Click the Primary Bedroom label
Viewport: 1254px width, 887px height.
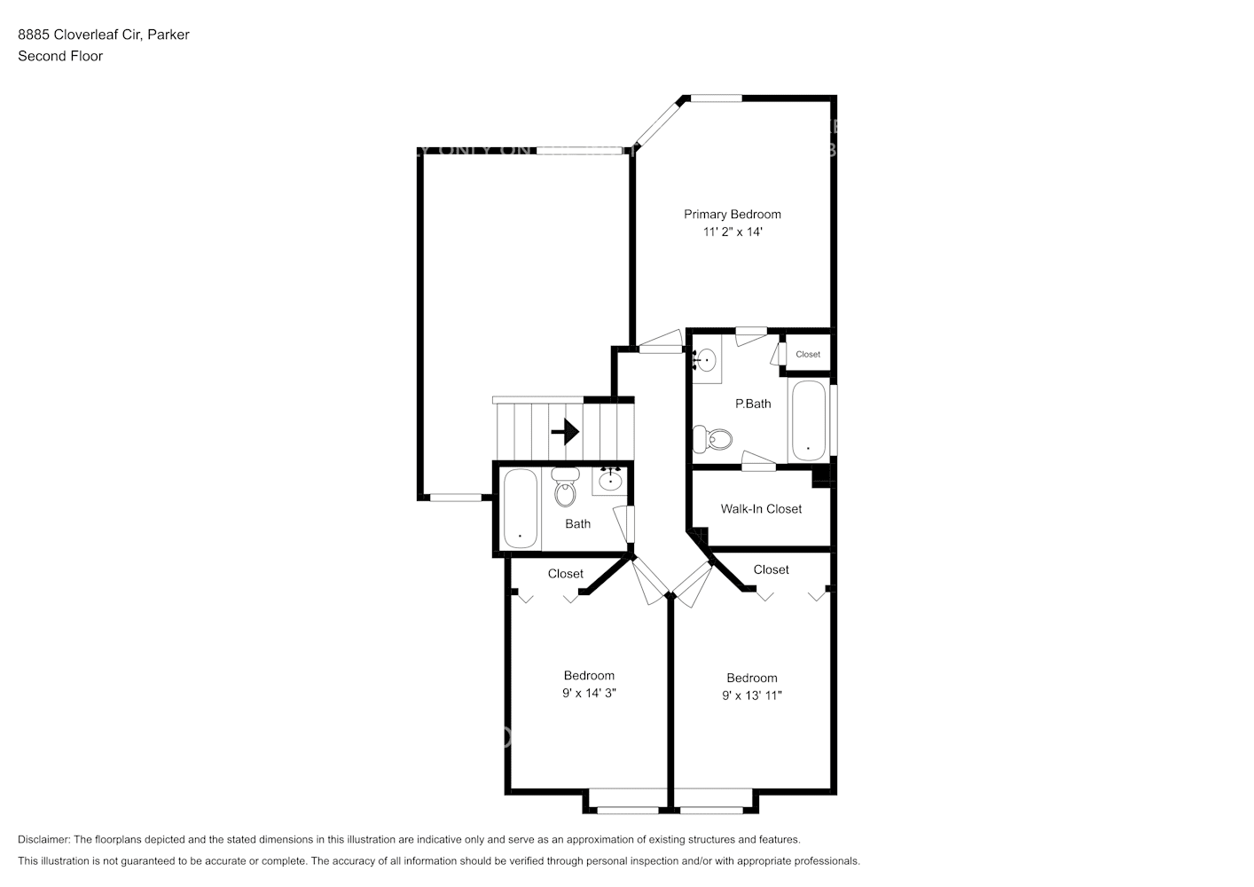pos(732,214)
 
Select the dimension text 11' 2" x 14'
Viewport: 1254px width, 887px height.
pos(733,232)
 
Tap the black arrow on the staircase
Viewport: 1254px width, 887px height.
pos(565,432)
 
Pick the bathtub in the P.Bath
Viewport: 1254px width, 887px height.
pos(808,420)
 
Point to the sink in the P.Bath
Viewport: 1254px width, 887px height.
pos(706,360)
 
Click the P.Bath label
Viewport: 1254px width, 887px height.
pos(753,404)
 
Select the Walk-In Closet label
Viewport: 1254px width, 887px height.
pos(761,509)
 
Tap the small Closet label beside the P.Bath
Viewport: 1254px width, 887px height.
pos(808,354)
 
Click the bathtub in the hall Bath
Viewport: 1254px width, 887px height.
pos(520,510)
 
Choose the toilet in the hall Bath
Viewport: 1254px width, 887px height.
pos(564,488)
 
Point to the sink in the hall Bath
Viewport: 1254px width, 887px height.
pos(610,481)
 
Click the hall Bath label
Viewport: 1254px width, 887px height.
pos(577,524)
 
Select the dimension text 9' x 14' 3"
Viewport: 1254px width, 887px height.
pos(589,693)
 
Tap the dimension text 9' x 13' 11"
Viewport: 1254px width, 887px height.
pos(752,695)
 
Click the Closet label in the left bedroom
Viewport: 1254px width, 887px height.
pos(565,574)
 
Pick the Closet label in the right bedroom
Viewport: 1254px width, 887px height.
pos(771,569)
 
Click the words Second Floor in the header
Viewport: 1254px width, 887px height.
pos(60,56)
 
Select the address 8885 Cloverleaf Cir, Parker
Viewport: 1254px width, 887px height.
pos(104,35)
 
